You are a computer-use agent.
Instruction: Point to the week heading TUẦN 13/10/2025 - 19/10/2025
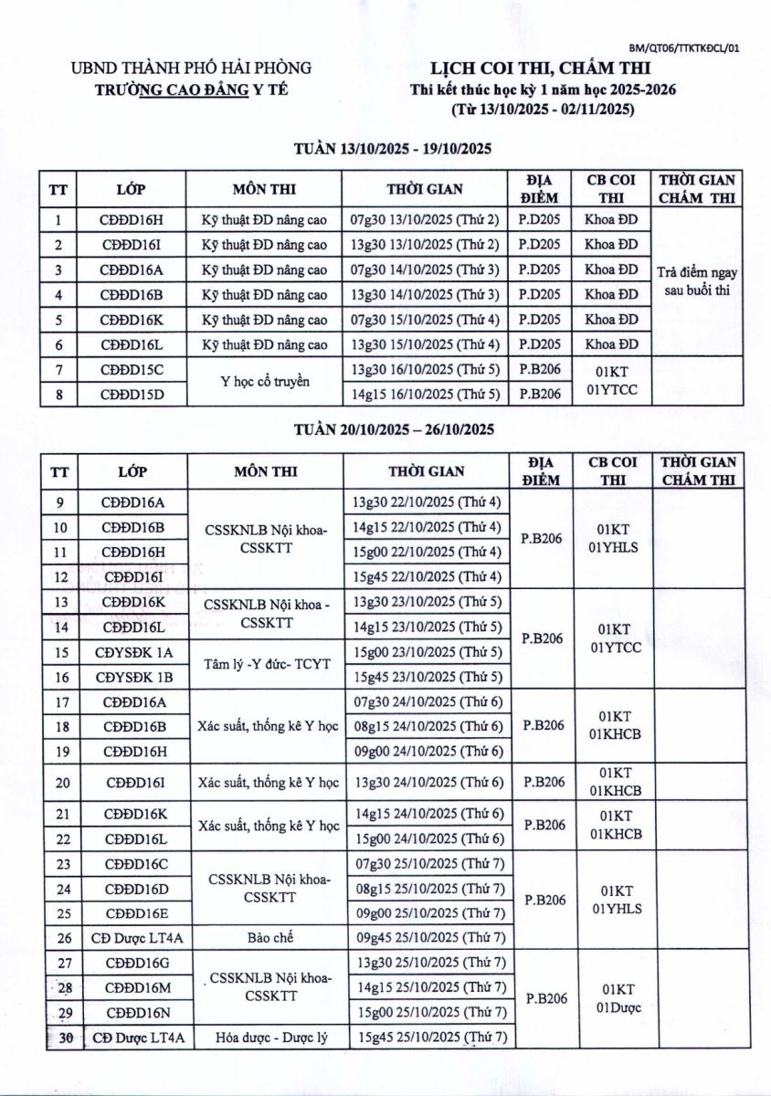point(394,150)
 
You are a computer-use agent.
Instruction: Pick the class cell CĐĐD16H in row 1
point(132,219)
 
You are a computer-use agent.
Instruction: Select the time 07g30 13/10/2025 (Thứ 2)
point(425,219)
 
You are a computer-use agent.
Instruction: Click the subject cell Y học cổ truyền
point(265,381)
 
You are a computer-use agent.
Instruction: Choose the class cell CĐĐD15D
point(132,394)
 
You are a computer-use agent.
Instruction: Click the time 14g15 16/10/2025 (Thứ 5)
point(425,394)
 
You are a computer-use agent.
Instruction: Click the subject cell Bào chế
point(265,938)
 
